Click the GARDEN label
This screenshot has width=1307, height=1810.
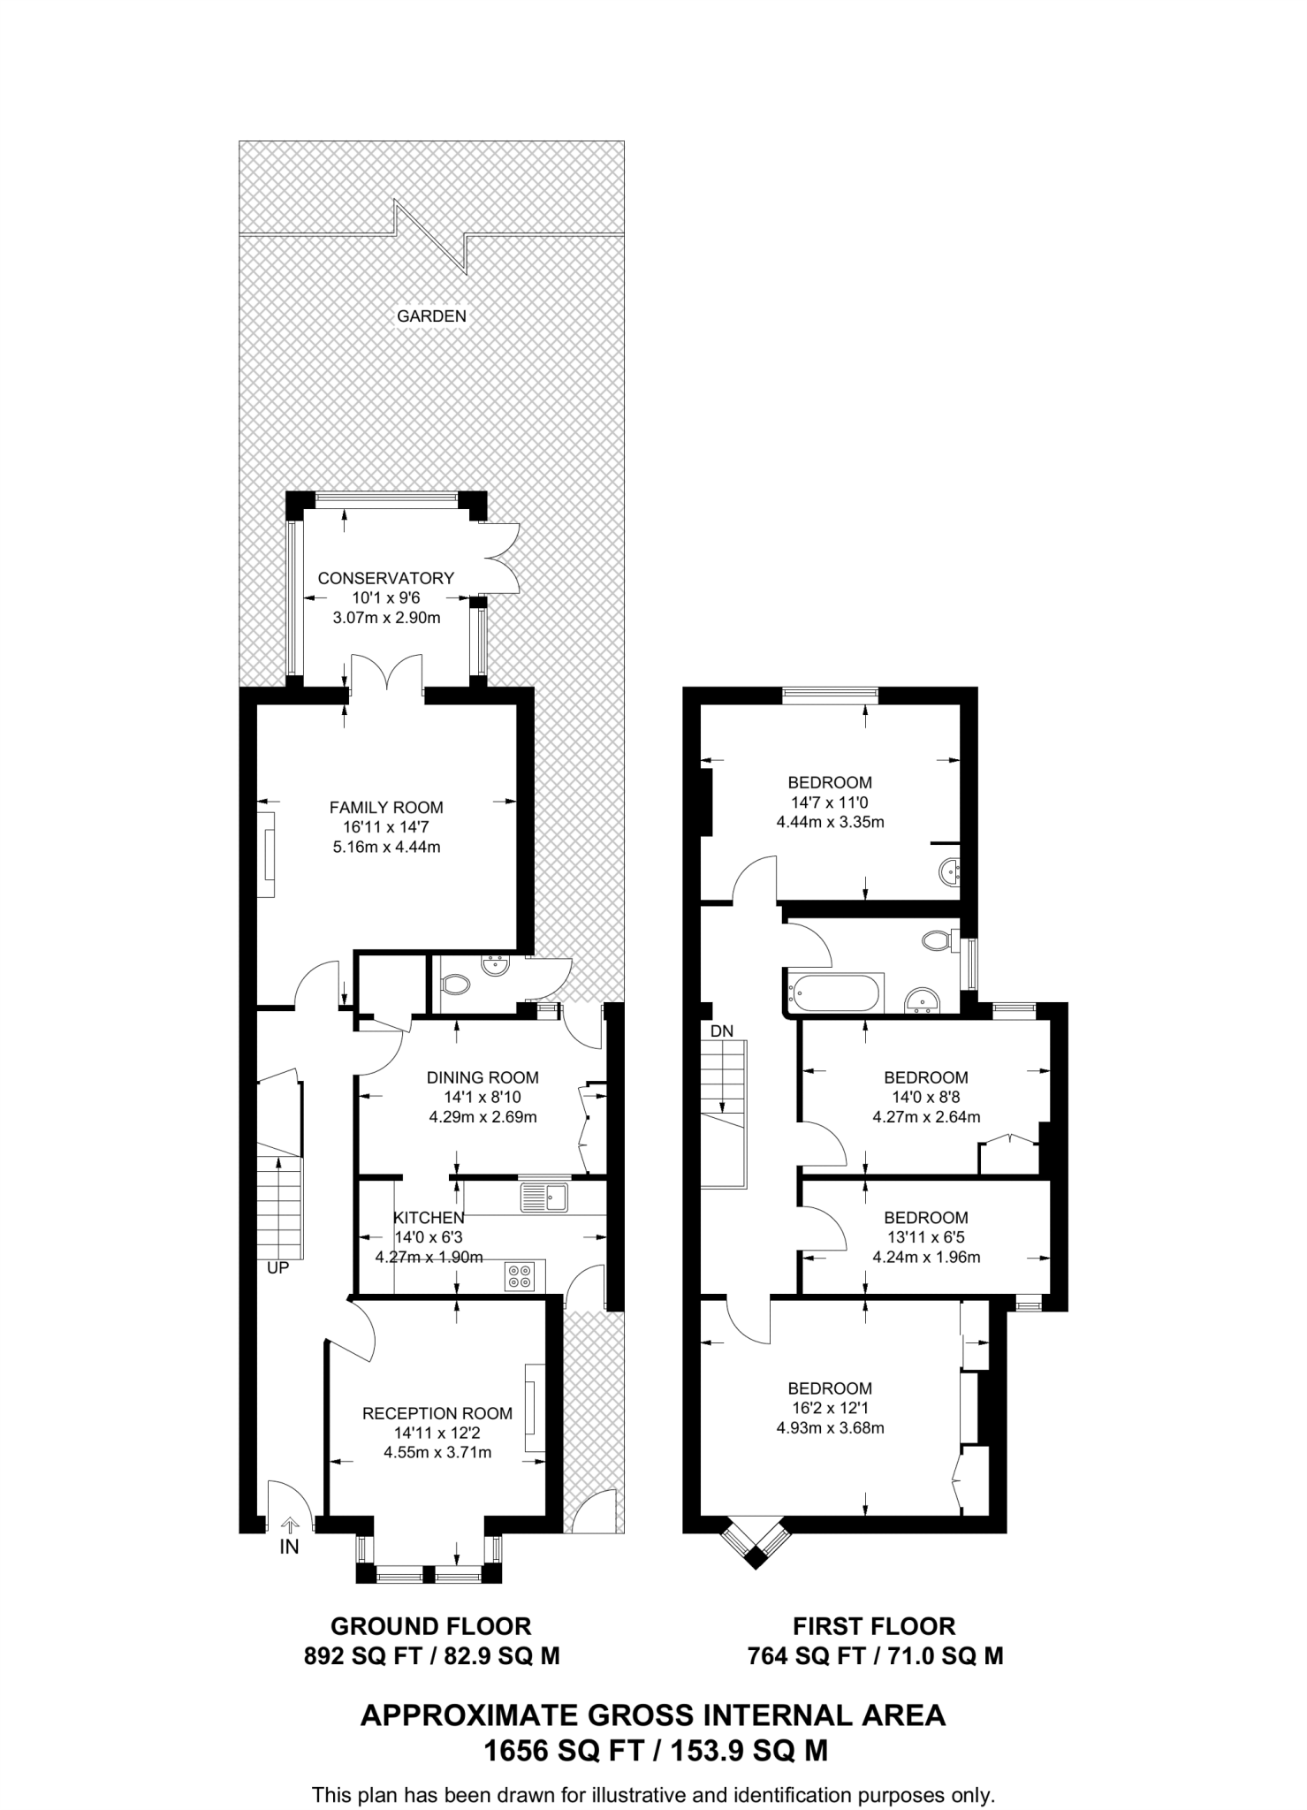point(431,316)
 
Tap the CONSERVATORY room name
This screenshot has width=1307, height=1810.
point(386,578)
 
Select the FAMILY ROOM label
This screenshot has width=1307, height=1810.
point(386,807)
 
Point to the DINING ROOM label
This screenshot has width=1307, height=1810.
point(483,1077)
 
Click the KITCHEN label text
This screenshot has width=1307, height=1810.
point(429,1218)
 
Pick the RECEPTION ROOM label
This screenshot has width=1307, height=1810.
point(437,1414)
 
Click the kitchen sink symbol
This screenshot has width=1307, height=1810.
point(546,1198)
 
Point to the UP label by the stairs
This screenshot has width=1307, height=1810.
point(277,1267)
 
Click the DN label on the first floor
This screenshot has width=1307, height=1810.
point(722,1030)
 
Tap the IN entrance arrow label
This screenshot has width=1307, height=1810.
point(289,1548)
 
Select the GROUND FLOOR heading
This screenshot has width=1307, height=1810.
point(431,1626)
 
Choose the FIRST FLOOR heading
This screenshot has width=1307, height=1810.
point(874,1626)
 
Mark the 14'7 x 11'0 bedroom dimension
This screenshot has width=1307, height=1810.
point(830,802)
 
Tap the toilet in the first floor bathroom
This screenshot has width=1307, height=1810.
point(940,939)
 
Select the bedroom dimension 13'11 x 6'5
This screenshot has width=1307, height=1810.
point(926,1237)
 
